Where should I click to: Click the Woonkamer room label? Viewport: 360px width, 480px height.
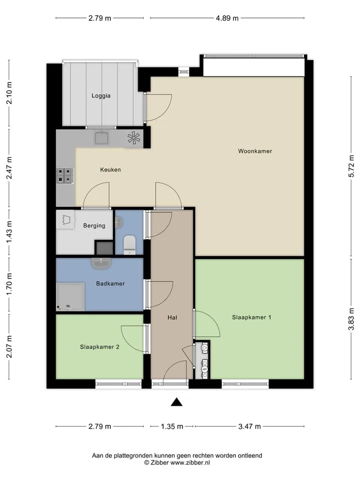[x=255, y=151]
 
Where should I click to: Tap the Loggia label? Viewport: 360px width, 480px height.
[x=101, y=96]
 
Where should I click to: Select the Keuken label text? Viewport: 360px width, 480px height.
[x=110, y=169]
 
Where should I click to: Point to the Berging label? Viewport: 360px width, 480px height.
[x=94, y=225]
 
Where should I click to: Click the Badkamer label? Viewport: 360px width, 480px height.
[x=110, y=283]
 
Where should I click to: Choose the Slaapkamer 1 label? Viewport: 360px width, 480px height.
[x=251, y=317]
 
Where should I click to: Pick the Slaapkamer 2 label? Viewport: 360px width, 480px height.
[x=99, y=347]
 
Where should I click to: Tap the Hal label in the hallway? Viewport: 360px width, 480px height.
[x=172, y=317]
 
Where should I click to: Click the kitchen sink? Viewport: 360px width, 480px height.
[x=101, y=138]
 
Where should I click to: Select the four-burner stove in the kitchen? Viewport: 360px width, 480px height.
[x=65, y=175]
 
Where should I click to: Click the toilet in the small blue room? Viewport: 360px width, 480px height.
[x=129, y=245]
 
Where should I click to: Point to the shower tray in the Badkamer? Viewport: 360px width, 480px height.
[x=70, y=297]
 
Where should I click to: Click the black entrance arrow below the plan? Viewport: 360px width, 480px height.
[x=176, y=402]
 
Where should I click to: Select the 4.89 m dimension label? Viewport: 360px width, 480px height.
[x=227, y=18]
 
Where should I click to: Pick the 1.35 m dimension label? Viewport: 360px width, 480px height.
[x=172, y=426]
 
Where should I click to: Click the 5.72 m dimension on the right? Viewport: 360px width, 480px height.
[x=351, y=166]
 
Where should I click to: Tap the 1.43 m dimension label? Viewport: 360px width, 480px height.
[x=9, y=232]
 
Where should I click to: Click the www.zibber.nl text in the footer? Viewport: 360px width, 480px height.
[x=190, y=462]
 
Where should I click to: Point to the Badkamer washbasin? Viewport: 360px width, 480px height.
[x=101, y=263]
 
